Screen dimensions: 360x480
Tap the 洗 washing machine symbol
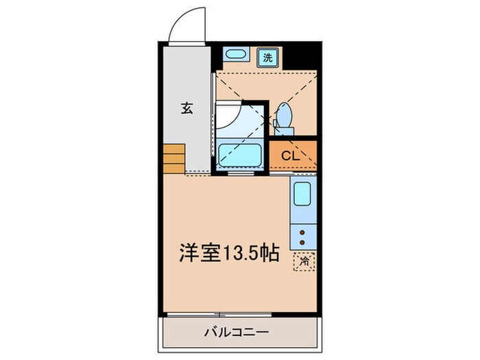coord(266,58)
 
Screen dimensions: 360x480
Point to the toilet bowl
coord(284,112)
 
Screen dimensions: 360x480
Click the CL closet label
coord(291,155)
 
